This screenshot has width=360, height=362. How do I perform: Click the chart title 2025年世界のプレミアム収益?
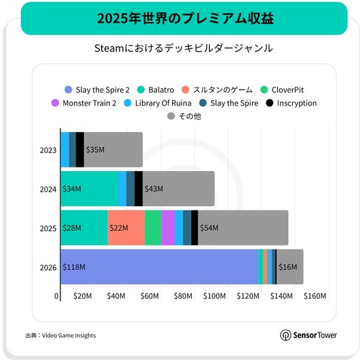(180, 17)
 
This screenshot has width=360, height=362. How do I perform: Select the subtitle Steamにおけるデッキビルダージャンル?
(180, 48)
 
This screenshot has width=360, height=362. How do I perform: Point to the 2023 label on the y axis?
(47, 150)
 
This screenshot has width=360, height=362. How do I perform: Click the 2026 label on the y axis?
(47, 267)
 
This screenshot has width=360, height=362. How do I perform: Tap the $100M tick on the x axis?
(214, 297)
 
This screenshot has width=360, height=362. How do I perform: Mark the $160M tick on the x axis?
(314, 297)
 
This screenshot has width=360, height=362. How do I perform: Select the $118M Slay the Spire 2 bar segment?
(158, 267)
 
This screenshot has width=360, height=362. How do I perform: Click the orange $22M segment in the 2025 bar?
(125, 228)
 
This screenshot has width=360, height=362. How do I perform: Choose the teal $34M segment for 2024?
(88, 189)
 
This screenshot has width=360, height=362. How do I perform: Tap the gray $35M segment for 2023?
(112, 150)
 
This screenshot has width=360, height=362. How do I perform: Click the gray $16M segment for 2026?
(290, 267)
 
